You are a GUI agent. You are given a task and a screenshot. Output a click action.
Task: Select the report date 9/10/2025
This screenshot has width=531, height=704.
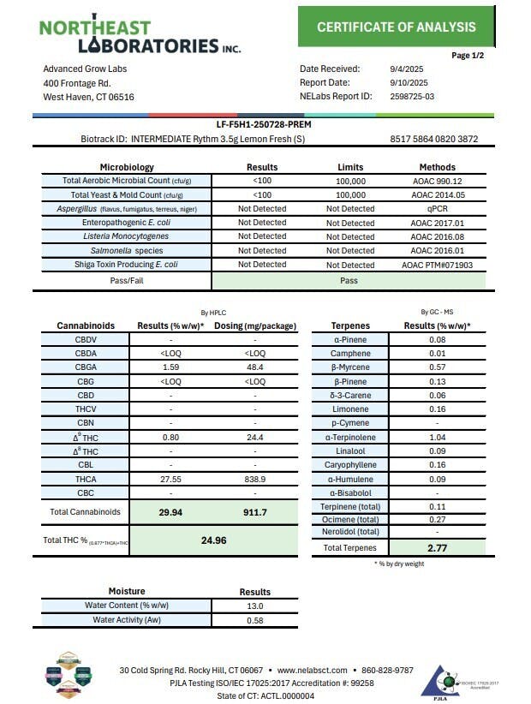coord(403,82)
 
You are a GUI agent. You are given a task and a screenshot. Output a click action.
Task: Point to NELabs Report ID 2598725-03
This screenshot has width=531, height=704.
coord(411,96)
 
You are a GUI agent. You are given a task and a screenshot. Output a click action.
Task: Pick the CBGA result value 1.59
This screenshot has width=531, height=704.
coord(169,367)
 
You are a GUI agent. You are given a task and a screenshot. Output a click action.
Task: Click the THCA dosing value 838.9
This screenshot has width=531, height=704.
coord(254,479)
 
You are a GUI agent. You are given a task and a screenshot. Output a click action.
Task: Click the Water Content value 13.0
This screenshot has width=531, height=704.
coord(254,606)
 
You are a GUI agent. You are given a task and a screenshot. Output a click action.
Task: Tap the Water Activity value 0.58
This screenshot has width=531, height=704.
coord(254,619)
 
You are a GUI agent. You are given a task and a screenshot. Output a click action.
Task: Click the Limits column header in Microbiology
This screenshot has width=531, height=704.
coord(350,167)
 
